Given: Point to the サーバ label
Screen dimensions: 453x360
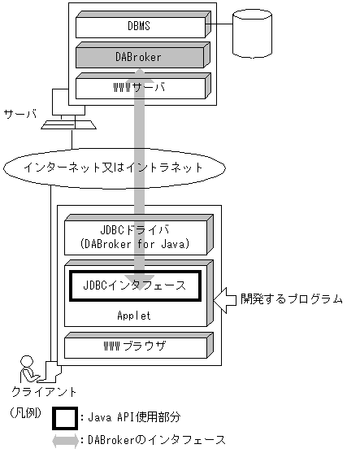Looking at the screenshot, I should (x=20, y=113).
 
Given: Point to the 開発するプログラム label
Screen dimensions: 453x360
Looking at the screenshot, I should (x=291, y=299).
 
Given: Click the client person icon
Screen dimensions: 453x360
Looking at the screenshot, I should (x=29, y=368).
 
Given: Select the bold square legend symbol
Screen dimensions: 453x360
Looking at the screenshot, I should (x=64, y=418).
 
